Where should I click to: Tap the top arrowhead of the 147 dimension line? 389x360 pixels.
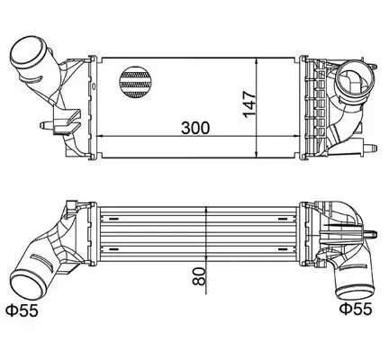pyautogui.click(x=259, y=58)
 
